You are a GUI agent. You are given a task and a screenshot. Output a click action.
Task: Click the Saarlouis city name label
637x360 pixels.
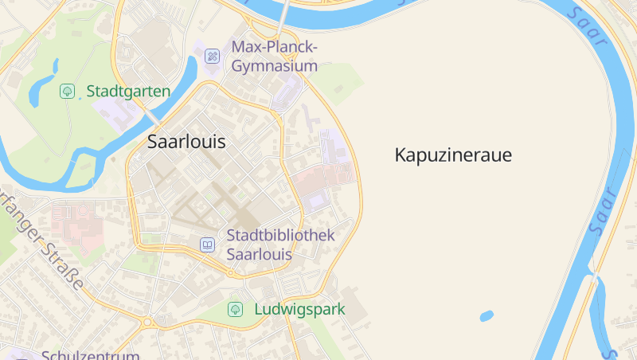pos(186,143)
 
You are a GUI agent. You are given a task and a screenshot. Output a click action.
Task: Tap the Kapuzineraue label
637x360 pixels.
pos(453,155)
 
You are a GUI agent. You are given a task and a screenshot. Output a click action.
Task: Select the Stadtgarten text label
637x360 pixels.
pos(128,91)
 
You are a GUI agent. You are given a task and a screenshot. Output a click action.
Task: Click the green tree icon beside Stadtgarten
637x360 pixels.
pos(68,91)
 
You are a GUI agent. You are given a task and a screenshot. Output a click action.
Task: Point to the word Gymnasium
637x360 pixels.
pos(274,66)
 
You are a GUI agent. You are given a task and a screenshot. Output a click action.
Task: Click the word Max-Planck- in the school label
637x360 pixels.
pos(274,47)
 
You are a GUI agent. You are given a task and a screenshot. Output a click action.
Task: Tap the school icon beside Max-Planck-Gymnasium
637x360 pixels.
pos(212,56)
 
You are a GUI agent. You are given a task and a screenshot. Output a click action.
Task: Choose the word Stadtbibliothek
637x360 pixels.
pos(280,236)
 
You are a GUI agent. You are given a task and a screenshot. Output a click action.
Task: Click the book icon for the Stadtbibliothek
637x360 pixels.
pos(207,245)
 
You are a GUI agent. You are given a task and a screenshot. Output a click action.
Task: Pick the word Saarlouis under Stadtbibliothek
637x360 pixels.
pos(260,255)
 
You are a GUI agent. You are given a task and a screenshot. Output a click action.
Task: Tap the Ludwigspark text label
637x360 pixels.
pos(299,309)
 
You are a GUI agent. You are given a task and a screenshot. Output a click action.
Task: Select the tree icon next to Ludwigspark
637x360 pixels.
pos(235,309)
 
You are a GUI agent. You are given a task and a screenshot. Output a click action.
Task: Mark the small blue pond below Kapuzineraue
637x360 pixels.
pos(487,316)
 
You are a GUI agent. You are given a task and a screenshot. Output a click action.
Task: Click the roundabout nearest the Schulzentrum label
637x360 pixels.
pos(147,323)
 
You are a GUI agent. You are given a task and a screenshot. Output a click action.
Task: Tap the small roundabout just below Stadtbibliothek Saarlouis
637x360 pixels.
pos(231,274)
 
